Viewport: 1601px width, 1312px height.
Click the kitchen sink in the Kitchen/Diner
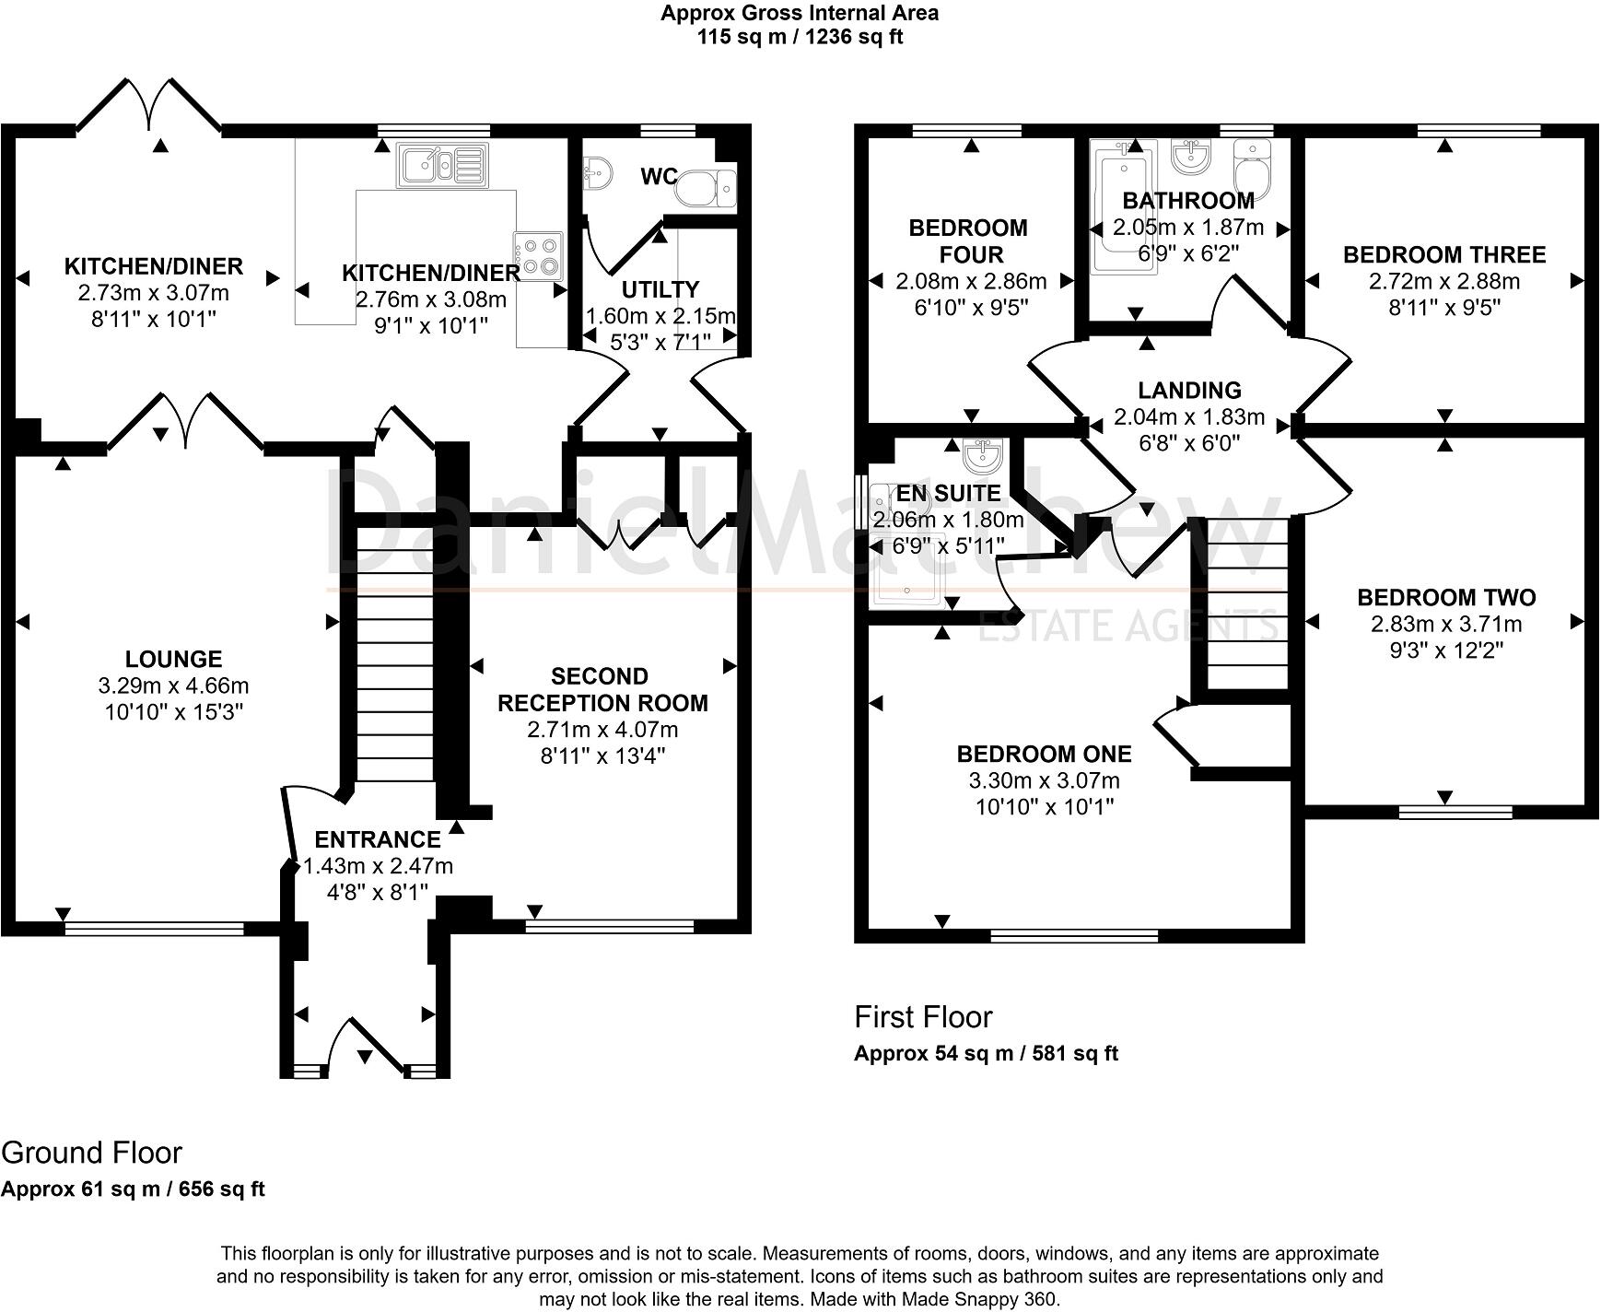442,165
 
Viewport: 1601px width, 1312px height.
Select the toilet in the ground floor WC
707,188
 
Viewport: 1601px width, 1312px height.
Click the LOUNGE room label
173,659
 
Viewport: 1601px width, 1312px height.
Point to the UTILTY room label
660,289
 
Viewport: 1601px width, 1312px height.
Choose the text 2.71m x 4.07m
602,730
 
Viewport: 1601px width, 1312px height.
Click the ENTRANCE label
378,839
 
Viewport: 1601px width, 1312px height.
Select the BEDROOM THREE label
1443,254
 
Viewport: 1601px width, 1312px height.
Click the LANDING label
1189,391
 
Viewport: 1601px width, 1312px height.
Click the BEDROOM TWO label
1446,597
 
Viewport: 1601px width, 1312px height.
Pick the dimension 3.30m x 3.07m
1044,780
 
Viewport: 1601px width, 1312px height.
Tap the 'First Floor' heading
923,1017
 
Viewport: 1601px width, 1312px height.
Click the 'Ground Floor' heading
92,1153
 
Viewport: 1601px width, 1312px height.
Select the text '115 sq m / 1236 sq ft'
800,37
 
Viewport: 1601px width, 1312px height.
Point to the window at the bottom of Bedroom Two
1455,812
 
